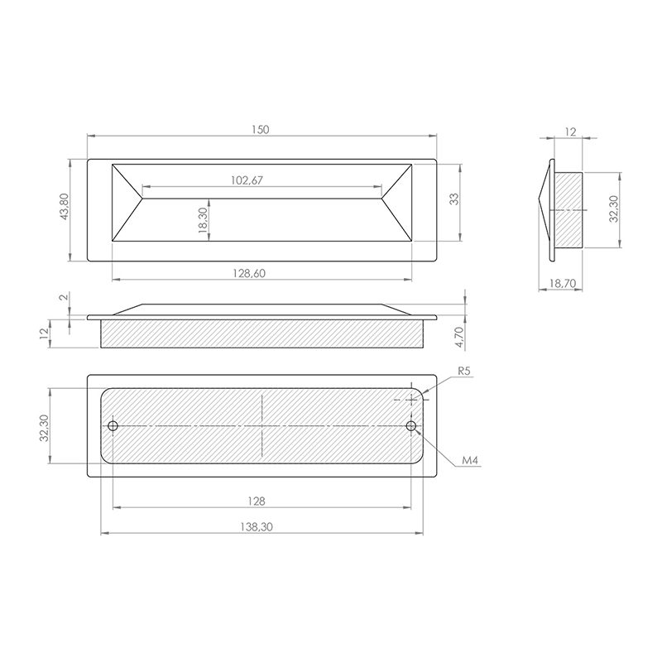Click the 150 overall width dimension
pyautogui.click(x=260, y=129)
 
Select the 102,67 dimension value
pyautogui.click(x=247, y=180)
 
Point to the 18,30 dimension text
pyautogui.click(x=203, y=220)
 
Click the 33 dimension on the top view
pyautogui.click(x=453, y=199)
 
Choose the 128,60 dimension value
pyautogui.click(x=249, y=273)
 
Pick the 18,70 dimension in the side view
pyautogui.click(x=563, y=283)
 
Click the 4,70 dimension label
pyautogui.click(x=459, y=338)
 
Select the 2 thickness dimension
pyautogui.click(x=65, y=297)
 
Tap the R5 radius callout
pyautogui.click(x=463, y=371)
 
